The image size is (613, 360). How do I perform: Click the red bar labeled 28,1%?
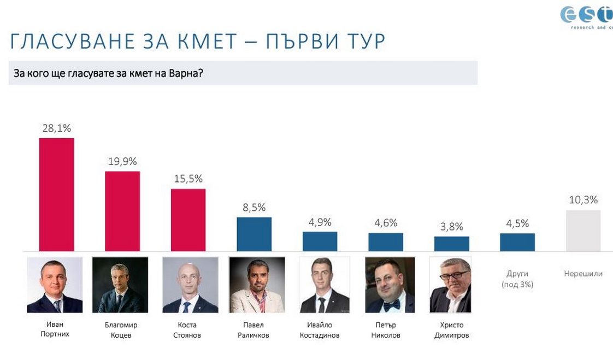pyautogui.click(x=56, y=194)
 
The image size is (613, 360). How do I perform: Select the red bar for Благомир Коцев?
pyautogui.click(x=122, y=211)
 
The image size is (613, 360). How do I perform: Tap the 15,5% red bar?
pyautogui.click(x=188, y=220)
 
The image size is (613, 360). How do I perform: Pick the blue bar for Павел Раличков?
pyautogui.click(x=254, y=234)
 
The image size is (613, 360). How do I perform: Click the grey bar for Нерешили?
pyautogui.click(x=583, y=231)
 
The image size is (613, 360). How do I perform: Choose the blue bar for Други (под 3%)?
pyautogui.click(x=517, y=242)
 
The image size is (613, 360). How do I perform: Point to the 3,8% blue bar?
pyautogui.click(x=452, y=244)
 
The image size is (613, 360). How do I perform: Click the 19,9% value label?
pyautogui.click(x=122, y=162)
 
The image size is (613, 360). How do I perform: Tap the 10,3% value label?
pyautogui.click(x=583, y=200)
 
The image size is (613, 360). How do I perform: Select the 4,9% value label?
pyautogui.click(x=320, y=222)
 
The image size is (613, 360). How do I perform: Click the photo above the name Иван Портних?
pyautogui.click(x=55, y=285)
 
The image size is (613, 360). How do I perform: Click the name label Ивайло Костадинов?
pyautogui.click(x=320, y=330)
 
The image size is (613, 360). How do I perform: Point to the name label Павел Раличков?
pyautogui.click(x=254, y=330)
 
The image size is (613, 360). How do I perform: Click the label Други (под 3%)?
pyautogui.click(x=517, y=279)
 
